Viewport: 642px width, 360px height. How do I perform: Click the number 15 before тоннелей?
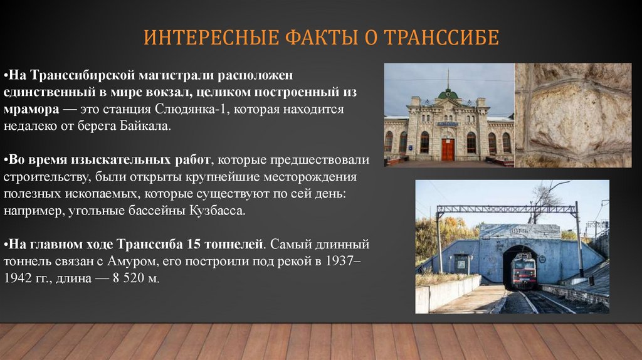[193, 243]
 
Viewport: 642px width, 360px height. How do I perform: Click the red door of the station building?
[447, 149]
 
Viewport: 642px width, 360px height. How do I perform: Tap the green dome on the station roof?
[448, 94]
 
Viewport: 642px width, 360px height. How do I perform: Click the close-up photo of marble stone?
[573, 115]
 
